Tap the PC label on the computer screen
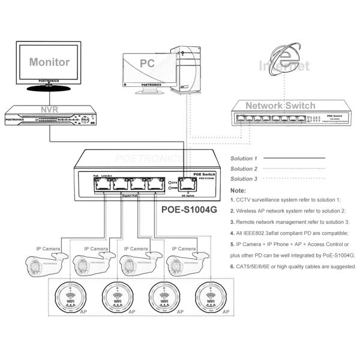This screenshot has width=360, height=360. point(147,63)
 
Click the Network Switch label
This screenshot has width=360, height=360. point(280,106)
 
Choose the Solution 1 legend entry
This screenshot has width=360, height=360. point(243,159)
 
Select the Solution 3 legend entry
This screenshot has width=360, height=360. point(243,179)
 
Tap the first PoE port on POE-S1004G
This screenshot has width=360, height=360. point(99,184)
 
